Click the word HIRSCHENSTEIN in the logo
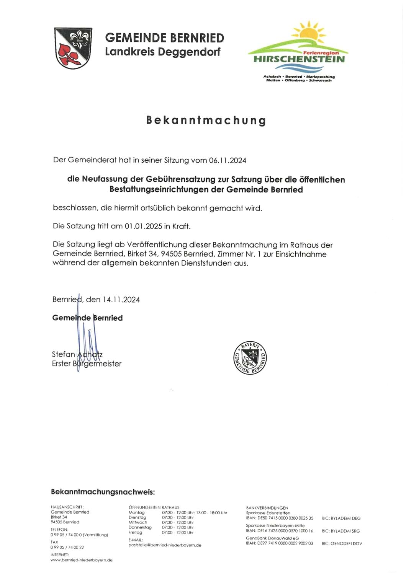(299, 59)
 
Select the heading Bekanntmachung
(206, 120)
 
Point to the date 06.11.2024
(228, 160)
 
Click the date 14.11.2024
(121, 300)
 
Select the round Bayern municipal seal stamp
(250, 358)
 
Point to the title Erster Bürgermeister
(87, 364)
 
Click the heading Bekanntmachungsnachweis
(103, 492)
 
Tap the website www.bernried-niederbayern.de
(82, 560)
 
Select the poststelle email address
(165, 545)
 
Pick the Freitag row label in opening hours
(136, 532)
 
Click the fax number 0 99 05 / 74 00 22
(67, 547)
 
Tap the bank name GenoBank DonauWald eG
(272, 538)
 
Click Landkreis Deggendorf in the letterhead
(163, 52)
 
